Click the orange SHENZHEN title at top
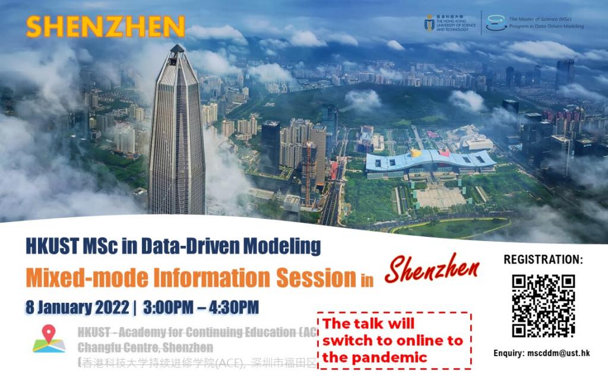(x=106, y=27)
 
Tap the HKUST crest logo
(x=429, y=23)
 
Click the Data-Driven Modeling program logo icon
(x=496, y=23)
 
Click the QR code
(x=543, y=306)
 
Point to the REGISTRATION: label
(x=543, y=260)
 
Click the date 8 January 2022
(x=77, y=308)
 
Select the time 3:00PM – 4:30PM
(x=201, y=308)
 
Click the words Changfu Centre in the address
(x=116, y=347)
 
